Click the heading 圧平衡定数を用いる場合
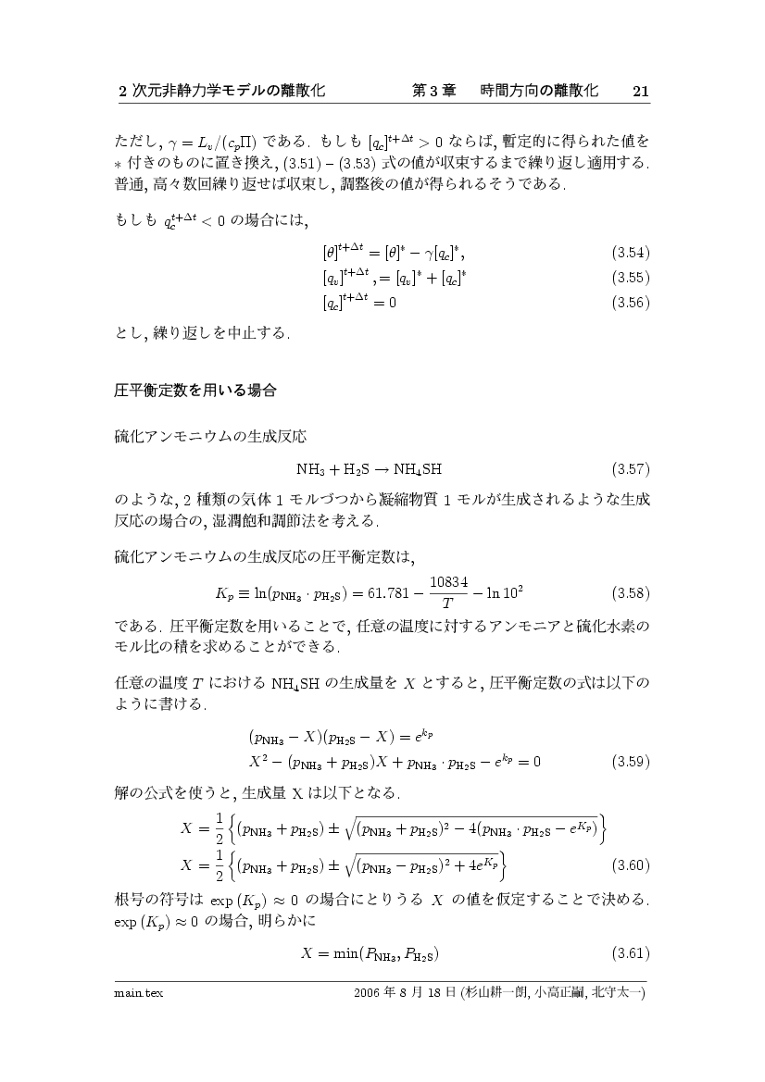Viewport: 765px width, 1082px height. (194, 391)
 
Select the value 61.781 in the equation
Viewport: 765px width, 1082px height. (394, 592)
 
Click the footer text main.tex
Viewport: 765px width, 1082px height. (132, 993)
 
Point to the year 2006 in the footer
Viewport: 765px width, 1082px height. (368, 993)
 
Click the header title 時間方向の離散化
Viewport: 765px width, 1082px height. (539, 91)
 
